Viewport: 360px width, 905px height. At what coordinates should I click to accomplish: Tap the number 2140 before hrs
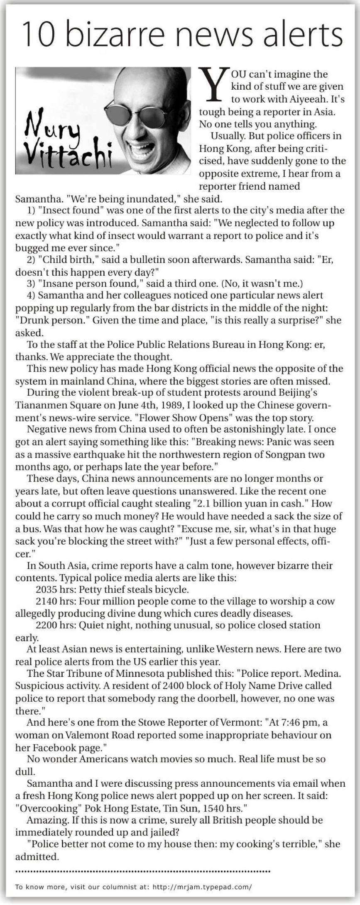(x=46, y=601)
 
